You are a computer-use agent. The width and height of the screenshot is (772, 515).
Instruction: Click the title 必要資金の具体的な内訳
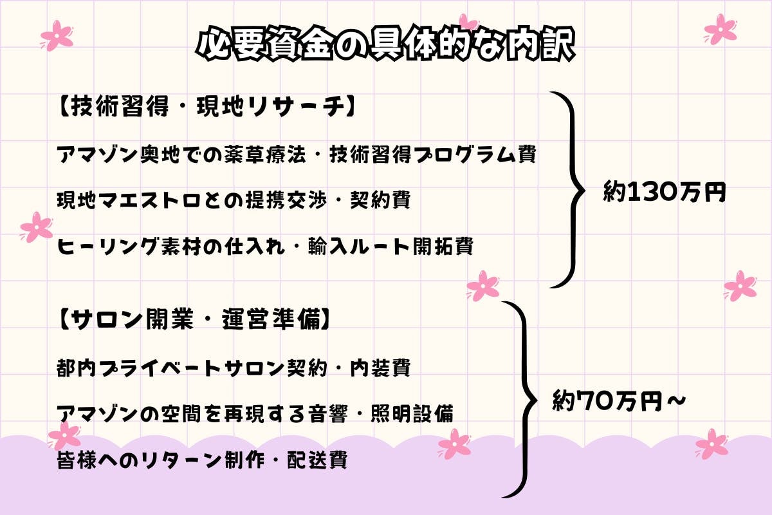coord(385,45)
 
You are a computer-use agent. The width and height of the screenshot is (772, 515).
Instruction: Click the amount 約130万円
coord(664,191)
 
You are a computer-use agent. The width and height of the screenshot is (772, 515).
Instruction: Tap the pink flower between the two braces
coord(482,286)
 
